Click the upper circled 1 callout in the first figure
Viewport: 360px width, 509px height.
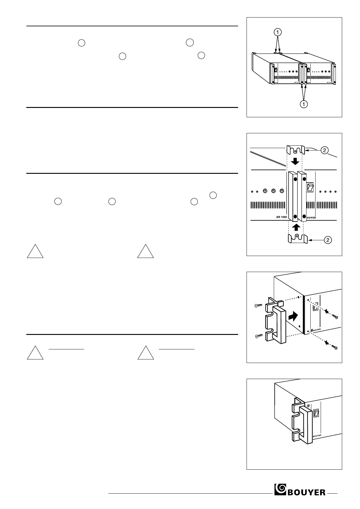(x=278, y=32)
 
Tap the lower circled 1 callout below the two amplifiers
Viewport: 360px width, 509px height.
(x=304, y=104)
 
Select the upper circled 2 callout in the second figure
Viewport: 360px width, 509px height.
(x=324, y=150)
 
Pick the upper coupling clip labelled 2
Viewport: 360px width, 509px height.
(x=296, y=149)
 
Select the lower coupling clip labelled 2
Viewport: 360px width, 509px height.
(x=297, y=239)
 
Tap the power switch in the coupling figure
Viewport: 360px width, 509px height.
(x=310, y=187)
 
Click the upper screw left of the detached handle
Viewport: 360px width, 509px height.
(x=258, y=306)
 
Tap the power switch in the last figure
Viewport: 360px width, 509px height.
(x=316, y=413)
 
